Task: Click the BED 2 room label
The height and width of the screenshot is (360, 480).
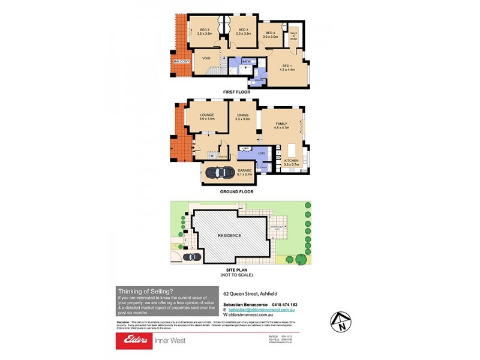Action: (x=205, y=29)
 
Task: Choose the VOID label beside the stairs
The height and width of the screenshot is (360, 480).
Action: (x=206, y=58)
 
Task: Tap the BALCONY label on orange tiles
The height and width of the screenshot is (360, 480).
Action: (x=181, y=62)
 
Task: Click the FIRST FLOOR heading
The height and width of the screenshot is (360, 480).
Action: (x=236, y=92)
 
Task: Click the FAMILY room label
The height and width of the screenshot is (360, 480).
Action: (x=281, y=123)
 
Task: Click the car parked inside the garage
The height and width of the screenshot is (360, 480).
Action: (x=219, y=172)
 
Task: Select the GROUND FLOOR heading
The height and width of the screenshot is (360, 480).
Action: (x=236, y=192)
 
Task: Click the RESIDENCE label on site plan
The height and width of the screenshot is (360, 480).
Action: (x=229, y=235)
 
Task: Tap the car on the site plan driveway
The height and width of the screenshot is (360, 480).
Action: (x=192, y=257)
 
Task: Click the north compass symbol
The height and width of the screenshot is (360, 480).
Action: (x=341, y=322)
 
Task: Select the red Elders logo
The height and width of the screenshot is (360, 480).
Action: (x=133, y=340)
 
